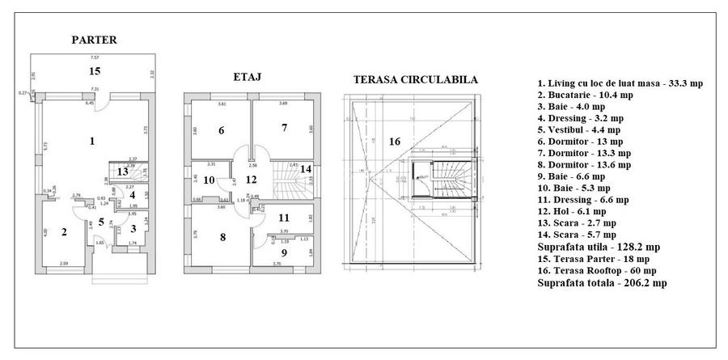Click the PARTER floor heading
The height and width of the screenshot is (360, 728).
[x=95, y=40]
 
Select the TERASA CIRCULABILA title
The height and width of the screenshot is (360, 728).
[x=415, y=80]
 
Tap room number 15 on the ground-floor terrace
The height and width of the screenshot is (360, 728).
[x=95, y=72]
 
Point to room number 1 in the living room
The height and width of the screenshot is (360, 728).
[x=92, y=142]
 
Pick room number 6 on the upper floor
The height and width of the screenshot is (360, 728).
[x=221, y=130]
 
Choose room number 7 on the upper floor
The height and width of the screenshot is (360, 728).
[x=284, y=127]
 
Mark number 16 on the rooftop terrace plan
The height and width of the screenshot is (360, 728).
[x=394, y=142]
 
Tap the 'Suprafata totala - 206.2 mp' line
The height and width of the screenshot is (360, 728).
[x=602, y=283]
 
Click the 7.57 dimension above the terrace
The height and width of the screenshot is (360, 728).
[x=95, y=58]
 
